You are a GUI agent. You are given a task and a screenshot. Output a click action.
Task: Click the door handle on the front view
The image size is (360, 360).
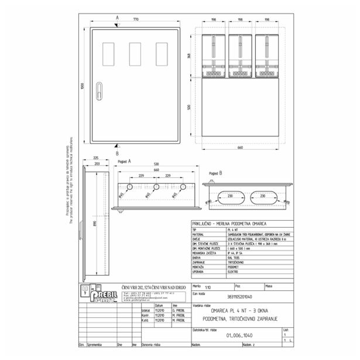[99, 91]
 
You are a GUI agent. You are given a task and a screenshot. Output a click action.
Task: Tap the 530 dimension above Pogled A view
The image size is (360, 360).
[156, 164]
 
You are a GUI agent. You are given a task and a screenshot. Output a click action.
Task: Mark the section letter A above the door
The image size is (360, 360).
[117, 18]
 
